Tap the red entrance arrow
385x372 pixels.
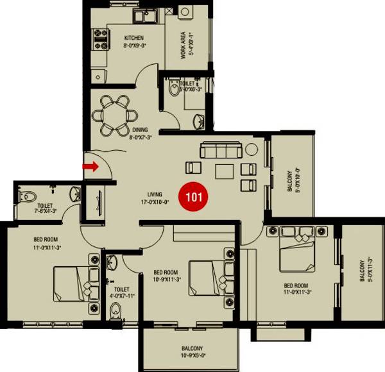[x=90, y=167]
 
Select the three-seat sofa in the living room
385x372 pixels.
[x=221, y=151]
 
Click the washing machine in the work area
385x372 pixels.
[x=185, y=13]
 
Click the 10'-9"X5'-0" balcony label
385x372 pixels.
[x=192, y=352]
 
